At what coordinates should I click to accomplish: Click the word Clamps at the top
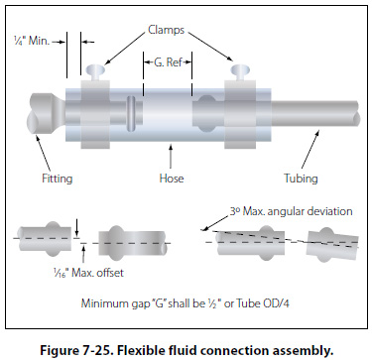(x=166, y=30)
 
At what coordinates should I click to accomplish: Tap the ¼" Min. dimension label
(x=32, y=41)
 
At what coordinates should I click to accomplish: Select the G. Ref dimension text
(x=168, y=61)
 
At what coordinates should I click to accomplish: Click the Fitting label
(x=57, y=179)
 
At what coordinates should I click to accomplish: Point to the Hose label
(x=172, y=179)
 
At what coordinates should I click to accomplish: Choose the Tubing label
(x=301, y=179)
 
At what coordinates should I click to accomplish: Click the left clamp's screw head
(x=95, y=69)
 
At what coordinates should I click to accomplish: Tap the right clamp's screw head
(x=241, y=69)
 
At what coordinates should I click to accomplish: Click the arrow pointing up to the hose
(x=171, y=157)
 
